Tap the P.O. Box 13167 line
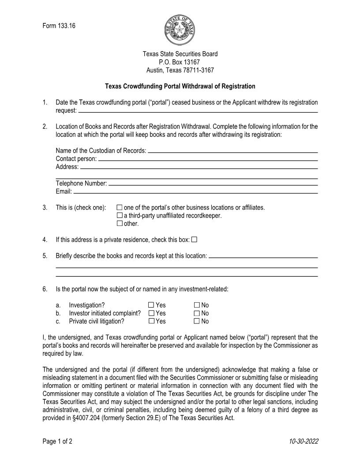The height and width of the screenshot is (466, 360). tap(180, 62)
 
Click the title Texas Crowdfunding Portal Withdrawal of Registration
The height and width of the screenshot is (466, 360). tap(180, 86)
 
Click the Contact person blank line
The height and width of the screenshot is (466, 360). tap(207, 159)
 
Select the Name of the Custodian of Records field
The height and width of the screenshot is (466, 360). tap(232, 151)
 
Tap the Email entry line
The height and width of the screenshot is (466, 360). tap(195, 192)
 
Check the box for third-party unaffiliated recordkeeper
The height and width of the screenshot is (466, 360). tap(120, 215)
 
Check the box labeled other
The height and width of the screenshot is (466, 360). tap(120, 224)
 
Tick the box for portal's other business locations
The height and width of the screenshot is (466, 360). tap(120, 207)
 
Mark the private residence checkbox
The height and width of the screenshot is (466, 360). tap(195, 240)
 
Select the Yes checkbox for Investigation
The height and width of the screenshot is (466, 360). tap(151, 305)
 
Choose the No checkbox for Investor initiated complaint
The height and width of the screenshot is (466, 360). tap(197, 313)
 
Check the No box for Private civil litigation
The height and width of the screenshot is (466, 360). tap(197, 321)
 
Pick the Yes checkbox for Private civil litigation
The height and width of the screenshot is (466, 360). tap(151, 321)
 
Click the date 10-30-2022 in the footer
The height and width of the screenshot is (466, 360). tap(304, 441)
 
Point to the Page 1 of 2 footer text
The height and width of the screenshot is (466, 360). tap(57, 441)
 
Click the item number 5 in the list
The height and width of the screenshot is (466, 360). tap(45, 256)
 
